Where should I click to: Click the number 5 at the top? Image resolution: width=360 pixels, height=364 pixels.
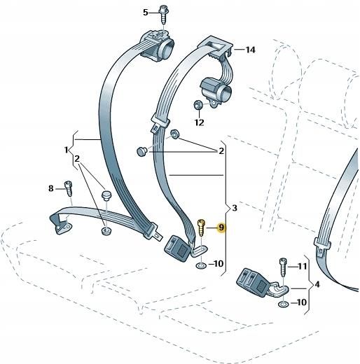coord(146,13)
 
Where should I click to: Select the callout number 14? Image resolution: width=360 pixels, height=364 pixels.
coord(251,50)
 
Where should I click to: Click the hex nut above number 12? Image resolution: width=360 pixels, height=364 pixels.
coord(198,106)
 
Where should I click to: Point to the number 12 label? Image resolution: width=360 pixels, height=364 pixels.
coord(199,122)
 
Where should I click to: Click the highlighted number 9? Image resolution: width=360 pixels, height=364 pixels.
coord(221,227)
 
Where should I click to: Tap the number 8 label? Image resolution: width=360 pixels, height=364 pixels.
coord(50,188)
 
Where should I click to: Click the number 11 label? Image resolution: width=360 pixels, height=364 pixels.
coord(303,267)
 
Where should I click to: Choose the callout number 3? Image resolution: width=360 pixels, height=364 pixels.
coord(235,209)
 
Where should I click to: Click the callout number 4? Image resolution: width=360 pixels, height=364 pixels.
coord(317,285)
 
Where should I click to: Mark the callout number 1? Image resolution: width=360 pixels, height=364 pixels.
coord(67,149)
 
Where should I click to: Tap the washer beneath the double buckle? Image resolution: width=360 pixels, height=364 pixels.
coord(283,304)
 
